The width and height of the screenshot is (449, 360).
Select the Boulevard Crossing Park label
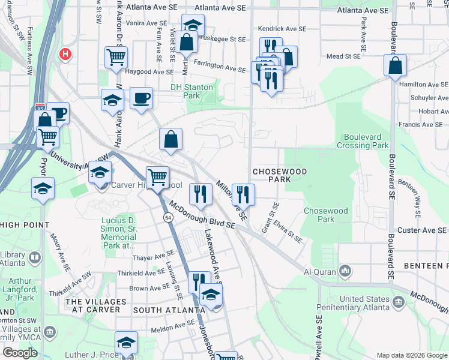point(366,141)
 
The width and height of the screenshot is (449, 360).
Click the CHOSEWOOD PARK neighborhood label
point(279,175)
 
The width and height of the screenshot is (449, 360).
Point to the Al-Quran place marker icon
point(345,271)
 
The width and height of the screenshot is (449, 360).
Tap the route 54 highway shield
point(170,217)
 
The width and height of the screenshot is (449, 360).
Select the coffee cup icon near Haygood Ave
point(141,98)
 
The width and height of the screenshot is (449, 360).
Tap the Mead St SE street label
point(343,55)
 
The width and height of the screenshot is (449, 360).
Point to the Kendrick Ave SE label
point(282,28)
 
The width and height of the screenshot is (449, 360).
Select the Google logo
point(20,353)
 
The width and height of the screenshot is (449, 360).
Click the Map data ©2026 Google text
point(411,355)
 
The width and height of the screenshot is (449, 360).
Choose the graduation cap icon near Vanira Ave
point(193,25)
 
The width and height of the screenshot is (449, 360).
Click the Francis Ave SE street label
point(424,125)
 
